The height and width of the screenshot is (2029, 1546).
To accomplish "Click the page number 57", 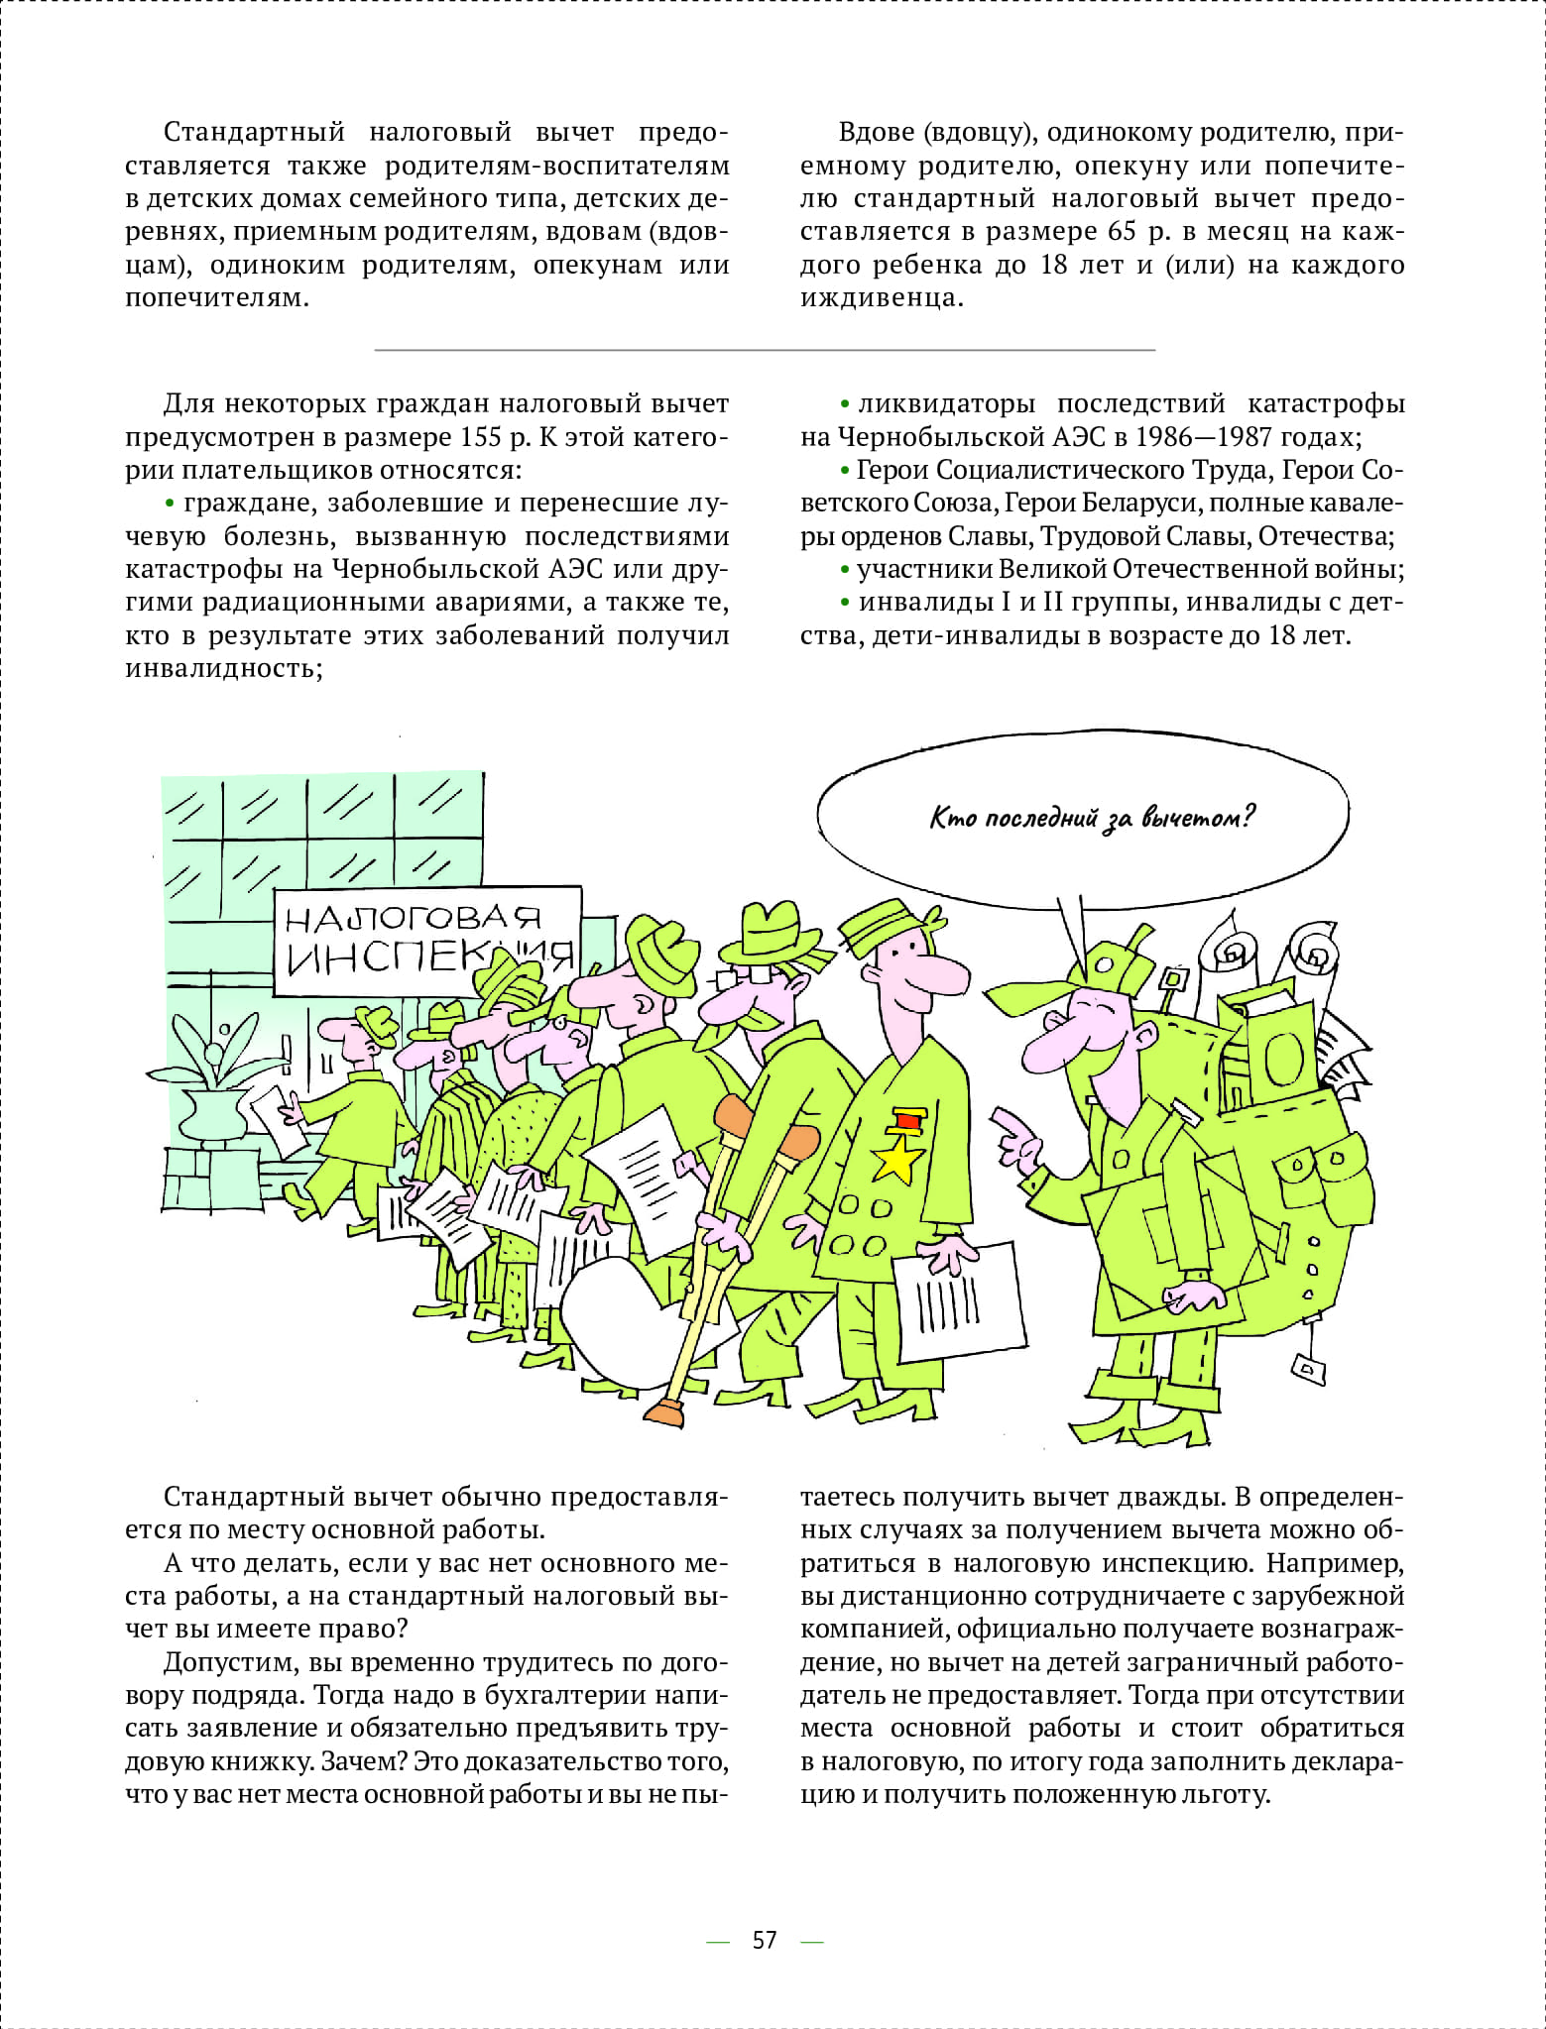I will point(764,1940).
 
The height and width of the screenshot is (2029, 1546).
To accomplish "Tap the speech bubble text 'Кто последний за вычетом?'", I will point(1092,818).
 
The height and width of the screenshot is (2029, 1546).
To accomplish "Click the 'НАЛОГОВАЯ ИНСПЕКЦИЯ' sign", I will point(427,939).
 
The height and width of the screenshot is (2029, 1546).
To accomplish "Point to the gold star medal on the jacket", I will point(896,1157).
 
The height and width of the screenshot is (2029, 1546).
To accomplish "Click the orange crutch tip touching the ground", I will point(665,1412).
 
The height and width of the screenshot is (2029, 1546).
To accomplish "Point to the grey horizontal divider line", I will point(764,350).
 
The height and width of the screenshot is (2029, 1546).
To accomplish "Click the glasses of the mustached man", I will point(751,974).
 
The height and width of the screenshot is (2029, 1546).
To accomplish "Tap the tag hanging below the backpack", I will point(1308,1370).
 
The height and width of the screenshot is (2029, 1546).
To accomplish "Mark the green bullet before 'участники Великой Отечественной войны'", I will point(845,570).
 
